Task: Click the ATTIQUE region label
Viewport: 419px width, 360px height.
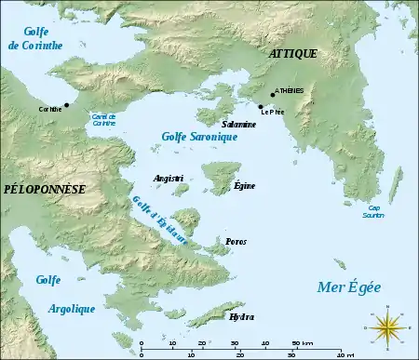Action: pos(292,54)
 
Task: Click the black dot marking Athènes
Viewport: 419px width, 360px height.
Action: pos(273,94)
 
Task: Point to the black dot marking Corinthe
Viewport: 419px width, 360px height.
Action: pos(66,104)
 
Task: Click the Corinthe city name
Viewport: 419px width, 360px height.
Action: pos(50,109)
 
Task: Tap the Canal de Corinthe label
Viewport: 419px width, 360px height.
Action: pos(103,119)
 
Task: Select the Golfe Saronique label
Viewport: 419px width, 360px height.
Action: pos(199,137)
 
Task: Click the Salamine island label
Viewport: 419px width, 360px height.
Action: pos(239,123)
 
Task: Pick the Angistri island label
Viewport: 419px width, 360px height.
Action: pos(168,177)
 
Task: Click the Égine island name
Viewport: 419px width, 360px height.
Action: pos(245,187)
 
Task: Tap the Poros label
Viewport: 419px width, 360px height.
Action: pos(236,241)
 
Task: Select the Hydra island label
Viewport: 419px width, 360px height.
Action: pos(240,316)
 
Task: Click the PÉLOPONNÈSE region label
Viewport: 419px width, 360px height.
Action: pos(45,189)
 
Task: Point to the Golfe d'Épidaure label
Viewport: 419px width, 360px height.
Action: pos(160,220)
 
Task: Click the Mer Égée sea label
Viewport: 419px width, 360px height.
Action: pos(350,287)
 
